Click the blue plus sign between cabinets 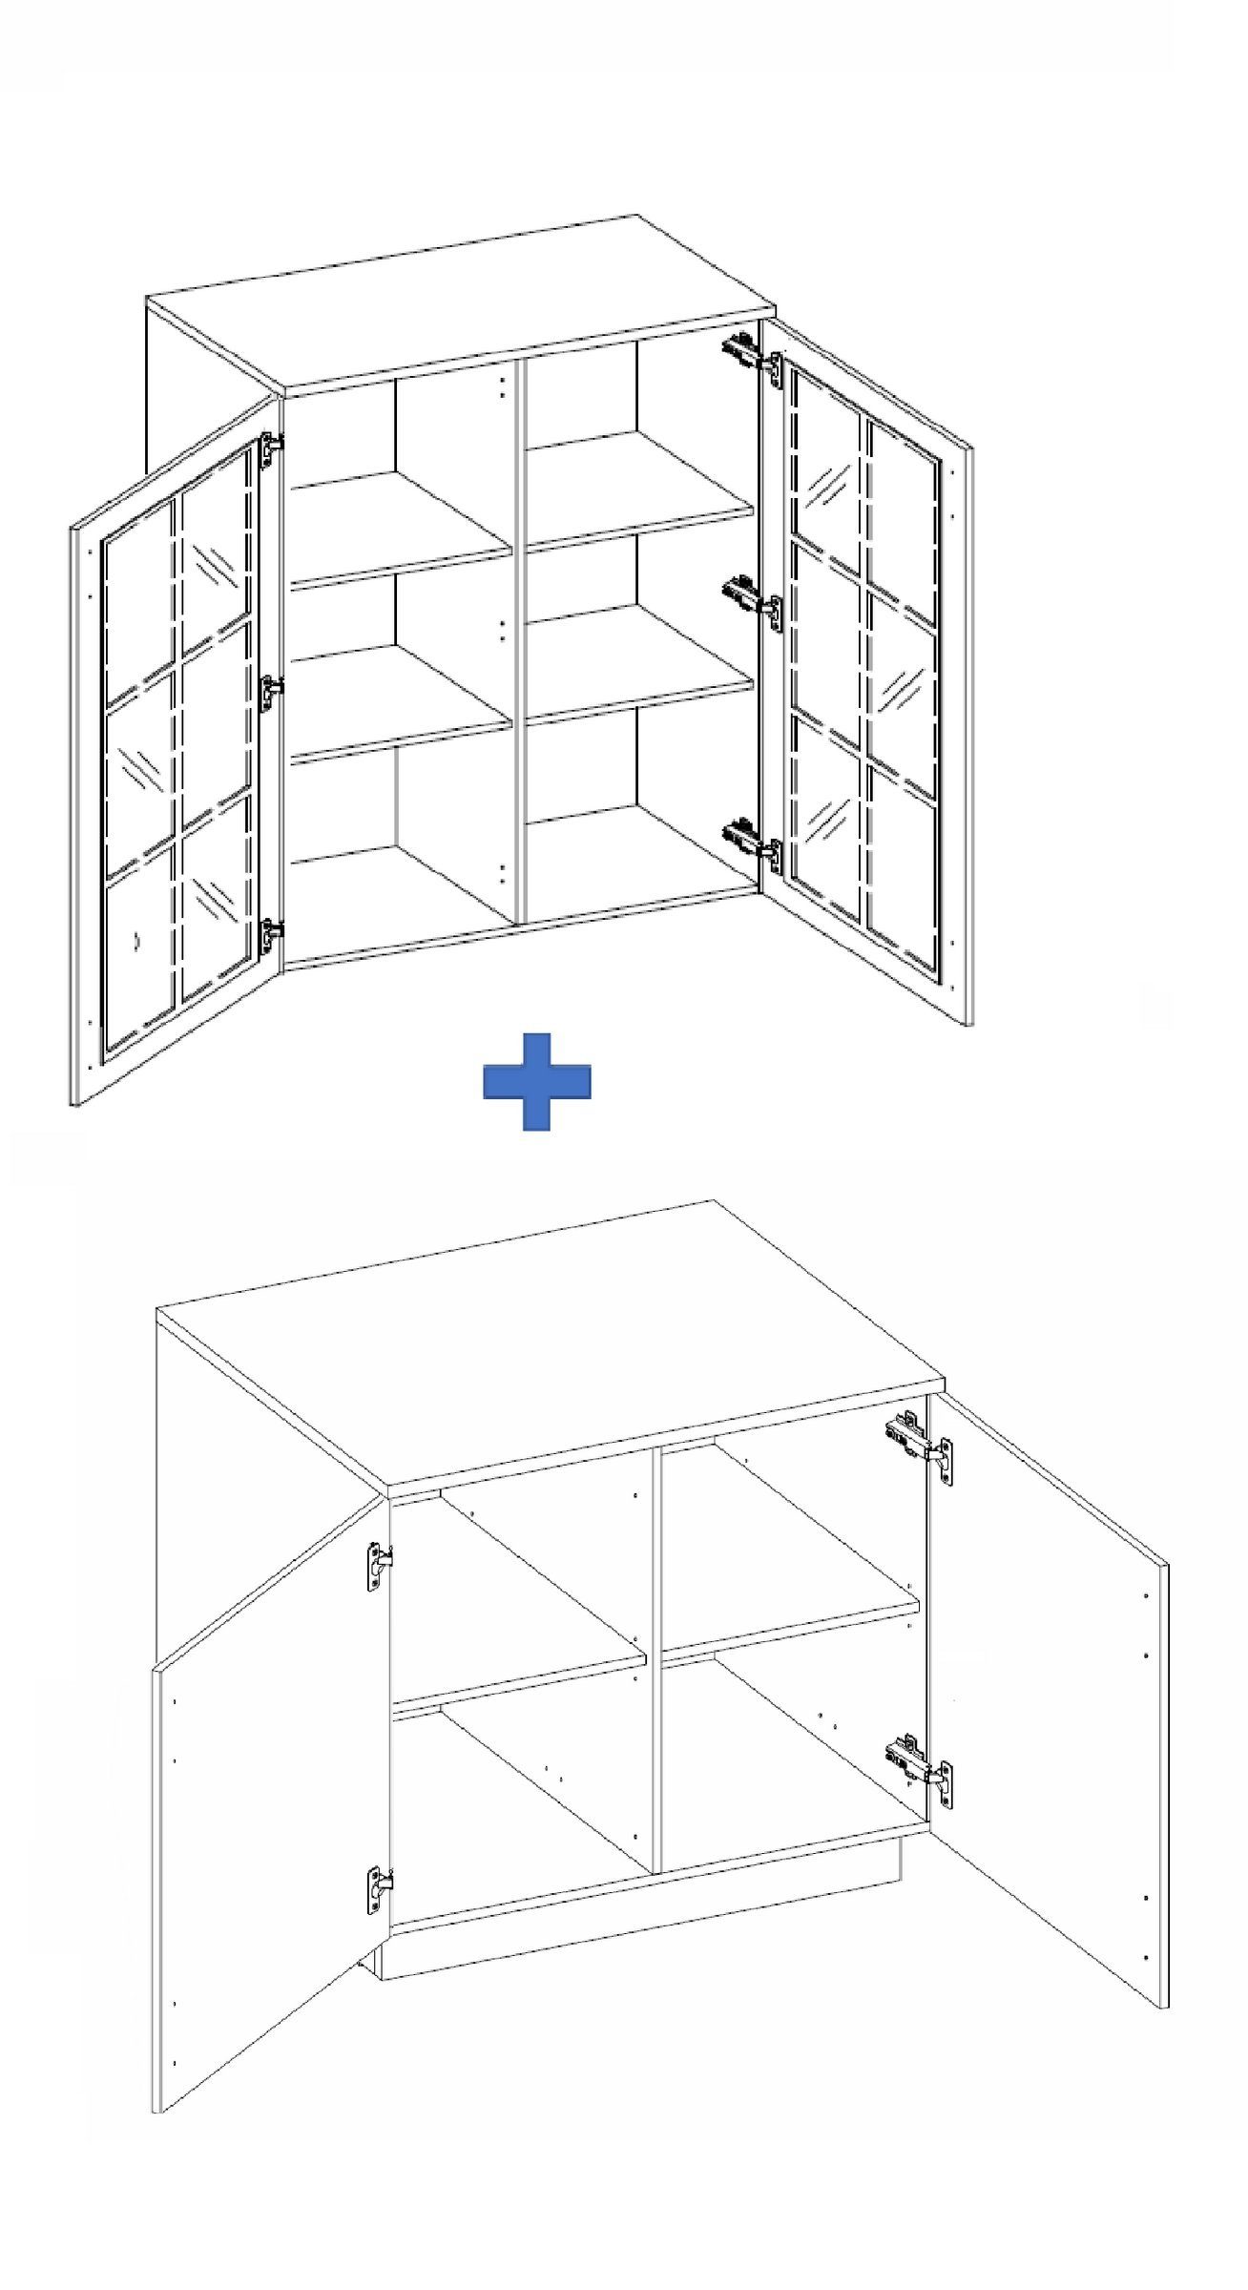click(536, 1081)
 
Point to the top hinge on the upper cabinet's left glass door click(271, 449)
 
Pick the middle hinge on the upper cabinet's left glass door click(272, 691)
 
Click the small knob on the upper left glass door click(136, 941)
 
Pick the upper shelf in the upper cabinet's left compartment click(401, 534)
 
